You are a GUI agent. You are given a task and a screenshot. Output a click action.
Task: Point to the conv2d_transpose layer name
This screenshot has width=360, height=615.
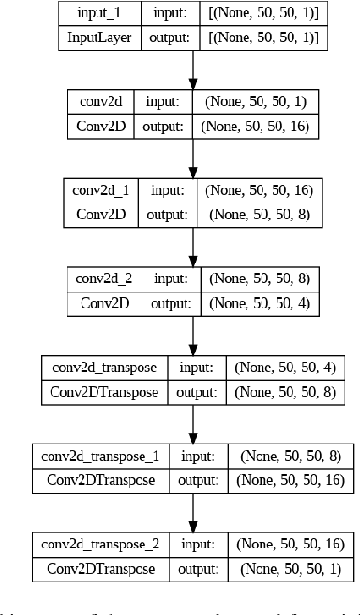[92, 367]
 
